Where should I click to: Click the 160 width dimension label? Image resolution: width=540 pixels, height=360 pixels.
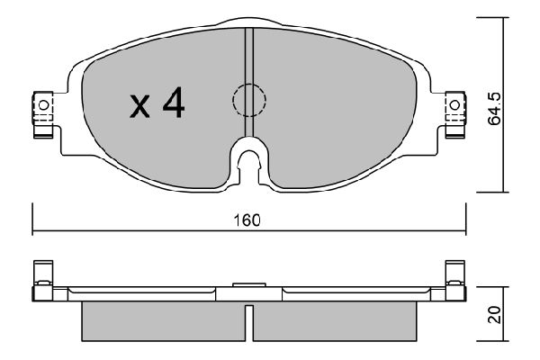point(249,220)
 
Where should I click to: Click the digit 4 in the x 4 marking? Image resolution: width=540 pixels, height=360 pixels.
point(172,105)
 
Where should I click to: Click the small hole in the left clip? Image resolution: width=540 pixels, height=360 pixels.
point(42,106)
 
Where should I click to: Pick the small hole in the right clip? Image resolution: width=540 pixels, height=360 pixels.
point(454,106)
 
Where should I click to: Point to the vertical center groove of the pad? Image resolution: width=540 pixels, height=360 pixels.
point(250,63)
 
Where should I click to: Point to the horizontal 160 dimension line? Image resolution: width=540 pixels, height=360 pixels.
point(135,230)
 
